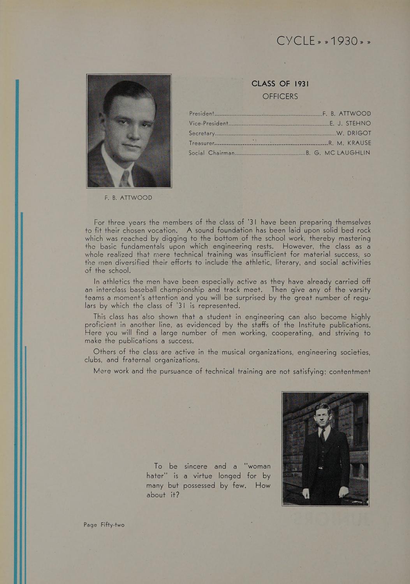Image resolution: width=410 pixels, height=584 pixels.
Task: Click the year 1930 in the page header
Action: click(x=341, y=40)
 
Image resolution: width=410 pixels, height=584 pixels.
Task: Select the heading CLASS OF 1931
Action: click(x=280, y=84)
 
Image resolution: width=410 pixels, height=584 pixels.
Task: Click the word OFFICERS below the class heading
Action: click(x=280, y=96)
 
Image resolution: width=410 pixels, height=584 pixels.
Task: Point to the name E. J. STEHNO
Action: click(x=350, y=123)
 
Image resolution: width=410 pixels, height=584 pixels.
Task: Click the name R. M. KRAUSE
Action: click(x=350, y=143)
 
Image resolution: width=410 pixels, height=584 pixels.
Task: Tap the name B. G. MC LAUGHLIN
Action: click(x=338, y=153)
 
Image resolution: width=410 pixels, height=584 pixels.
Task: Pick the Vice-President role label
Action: click(x=208, y=123)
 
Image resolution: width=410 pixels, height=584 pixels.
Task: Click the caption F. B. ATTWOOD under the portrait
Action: click(x=128, y=198)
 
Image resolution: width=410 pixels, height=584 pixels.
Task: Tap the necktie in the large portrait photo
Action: click(x=125, y=179)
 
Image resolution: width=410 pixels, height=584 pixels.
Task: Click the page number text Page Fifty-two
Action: click(x=104, y=525)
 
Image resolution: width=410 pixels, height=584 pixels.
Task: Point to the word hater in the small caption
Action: click(x=156, y=476)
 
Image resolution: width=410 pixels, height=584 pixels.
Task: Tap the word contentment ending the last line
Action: click(x=350, y=371)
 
